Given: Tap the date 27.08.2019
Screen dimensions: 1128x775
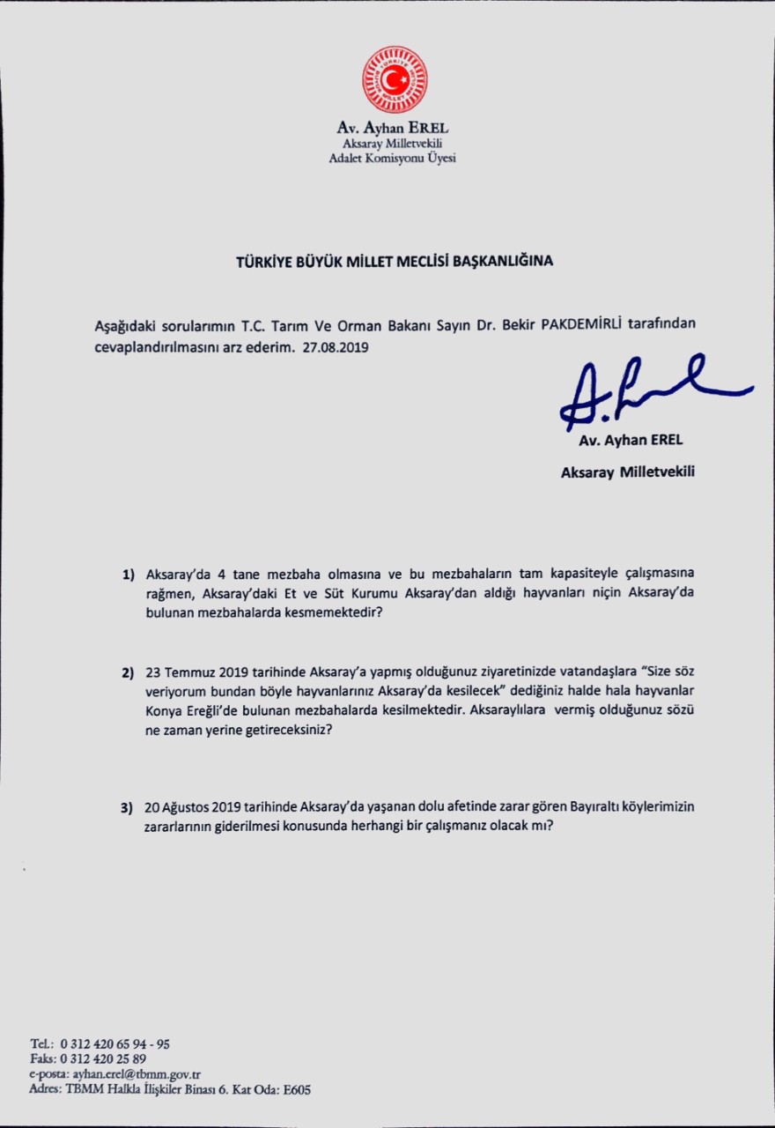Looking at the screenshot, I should tap(335, 347).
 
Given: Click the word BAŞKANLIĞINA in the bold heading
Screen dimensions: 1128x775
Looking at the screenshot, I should tap(502, 261).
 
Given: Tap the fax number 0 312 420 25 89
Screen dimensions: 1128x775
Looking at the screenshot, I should tap(103, 1059).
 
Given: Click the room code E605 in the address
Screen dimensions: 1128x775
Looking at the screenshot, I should tap(296, 1089).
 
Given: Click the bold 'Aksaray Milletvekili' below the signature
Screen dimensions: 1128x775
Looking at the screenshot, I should tap(627, 472).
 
